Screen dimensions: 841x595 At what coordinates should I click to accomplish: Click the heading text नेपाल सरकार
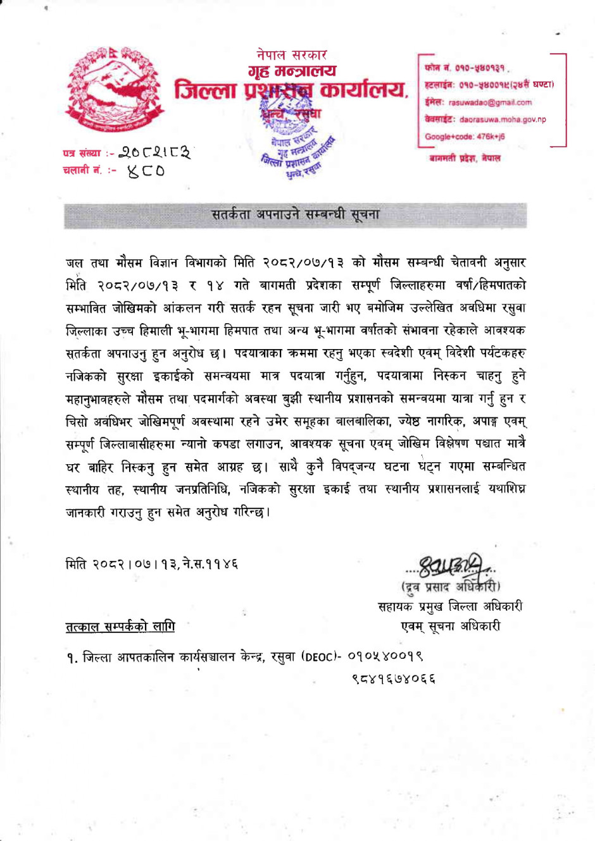click(291, 55)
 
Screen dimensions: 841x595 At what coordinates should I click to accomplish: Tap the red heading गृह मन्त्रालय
click(292, 70)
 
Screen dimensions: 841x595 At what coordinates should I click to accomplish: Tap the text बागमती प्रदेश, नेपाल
click(465, 158)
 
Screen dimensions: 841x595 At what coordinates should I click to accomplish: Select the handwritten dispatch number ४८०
click(146, 171)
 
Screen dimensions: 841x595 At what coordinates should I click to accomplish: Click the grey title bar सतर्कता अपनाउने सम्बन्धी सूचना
click(295, 215)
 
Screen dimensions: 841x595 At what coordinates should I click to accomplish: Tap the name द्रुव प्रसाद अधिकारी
click(451, 586)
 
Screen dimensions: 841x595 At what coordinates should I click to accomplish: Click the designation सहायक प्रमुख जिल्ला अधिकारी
click(450, 606)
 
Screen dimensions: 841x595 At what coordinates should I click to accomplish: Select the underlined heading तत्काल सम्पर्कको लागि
click(120, 627)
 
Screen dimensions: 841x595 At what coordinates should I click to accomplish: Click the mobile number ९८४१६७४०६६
click(394, 679)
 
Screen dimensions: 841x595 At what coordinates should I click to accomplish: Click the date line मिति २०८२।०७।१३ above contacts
click(152, 563)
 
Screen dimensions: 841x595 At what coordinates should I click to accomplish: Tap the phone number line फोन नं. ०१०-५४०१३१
click(465, 68)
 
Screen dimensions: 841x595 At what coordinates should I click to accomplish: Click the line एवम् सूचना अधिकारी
click(450, 626)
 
